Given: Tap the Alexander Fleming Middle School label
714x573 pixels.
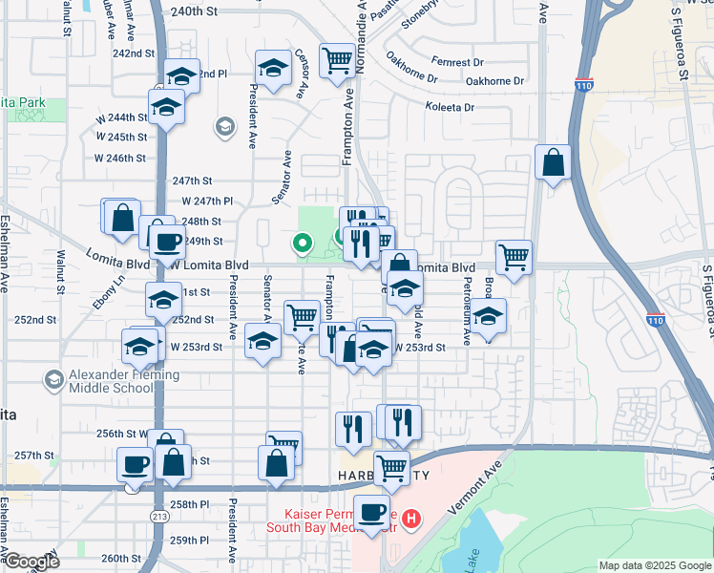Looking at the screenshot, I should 111,382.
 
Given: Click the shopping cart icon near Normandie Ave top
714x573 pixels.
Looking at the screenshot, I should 337,61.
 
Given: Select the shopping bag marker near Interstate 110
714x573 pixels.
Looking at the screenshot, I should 553,163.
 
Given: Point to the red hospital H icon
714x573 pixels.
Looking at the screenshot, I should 411,520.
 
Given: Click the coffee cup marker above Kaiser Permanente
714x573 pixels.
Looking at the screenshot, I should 371,511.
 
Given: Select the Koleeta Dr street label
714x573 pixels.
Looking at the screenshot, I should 450,107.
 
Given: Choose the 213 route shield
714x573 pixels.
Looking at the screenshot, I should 157,515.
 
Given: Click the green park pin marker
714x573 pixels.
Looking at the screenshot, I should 304,244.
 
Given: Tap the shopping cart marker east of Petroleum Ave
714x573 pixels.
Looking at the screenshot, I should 514,257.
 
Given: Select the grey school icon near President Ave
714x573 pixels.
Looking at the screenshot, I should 224,126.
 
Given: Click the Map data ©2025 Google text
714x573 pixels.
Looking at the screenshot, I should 654,565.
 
